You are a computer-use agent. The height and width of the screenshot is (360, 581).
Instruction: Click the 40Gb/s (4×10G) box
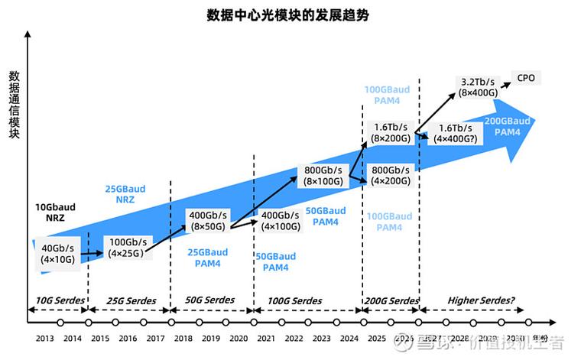point(58,253)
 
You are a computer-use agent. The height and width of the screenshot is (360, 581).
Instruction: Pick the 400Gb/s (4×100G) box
point(280,221)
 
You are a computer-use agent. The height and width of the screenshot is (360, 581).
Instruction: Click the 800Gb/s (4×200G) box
point(390,175)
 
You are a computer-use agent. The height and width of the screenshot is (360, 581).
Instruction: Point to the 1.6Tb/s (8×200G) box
point(390,132)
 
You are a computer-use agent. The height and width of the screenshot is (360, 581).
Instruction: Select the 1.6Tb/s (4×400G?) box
point(455,134)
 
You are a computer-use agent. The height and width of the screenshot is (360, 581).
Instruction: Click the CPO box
point(526,78)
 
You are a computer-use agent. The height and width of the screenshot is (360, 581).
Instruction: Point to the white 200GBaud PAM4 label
point(508,126)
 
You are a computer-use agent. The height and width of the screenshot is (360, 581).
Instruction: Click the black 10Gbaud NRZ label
point(55,212)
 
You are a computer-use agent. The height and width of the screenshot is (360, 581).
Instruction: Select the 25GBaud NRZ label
point(125,194)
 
